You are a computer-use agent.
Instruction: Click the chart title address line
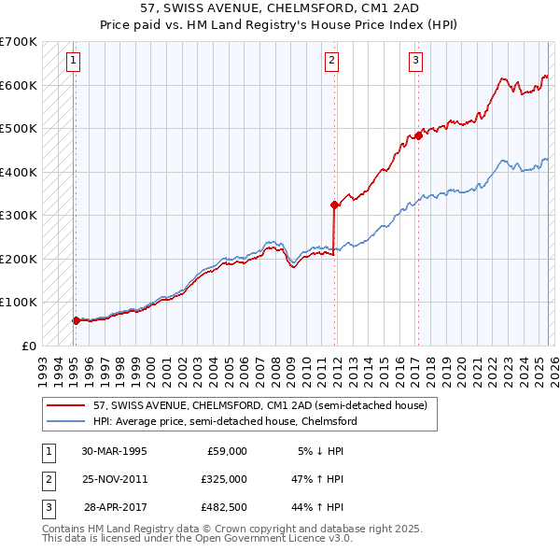pyautogui.click(x=279, y=8)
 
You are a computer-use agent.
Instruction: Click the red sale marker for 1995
pyautogui.click(x=76, y=320)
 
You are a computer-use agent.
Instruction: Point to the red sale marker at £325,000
pyautogui.click(x=334, y=205)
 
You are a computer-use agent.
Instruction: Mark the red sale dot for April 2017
pyautogui.click(x=418, y=135)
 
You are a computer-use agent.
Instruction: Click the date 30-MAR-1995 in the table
pyautogui.click(x=114, y=451)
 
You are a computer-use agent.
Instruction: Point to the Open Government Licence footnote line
pyautogui.click(x=197, y=538)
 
